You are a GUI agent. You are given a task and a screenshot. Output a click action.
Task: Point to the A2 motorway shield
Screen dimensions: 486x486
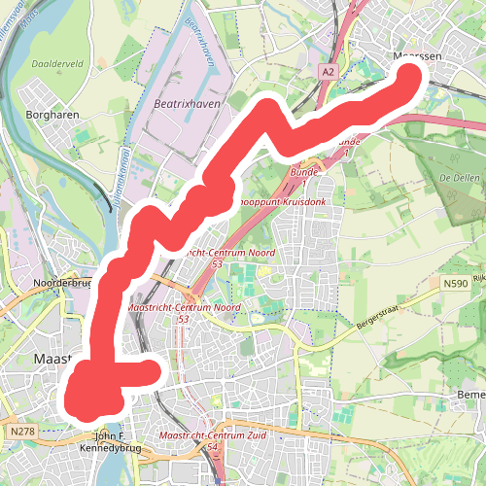pyautogui.click(x=330, y=70)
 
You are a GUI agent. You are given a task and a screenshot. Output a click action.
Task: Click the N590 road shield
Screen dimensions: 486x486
pyautogui.click(x=452, y=283)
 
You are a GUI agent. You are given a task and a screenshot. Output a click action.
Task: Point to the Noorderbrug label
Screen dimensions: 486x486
pyautogui.click(x=61, y=283)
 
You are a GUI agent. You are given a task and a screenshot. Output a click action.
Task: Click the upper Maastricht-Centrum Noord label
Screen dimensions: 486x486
pyautogui.click(x=216, y=253)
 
